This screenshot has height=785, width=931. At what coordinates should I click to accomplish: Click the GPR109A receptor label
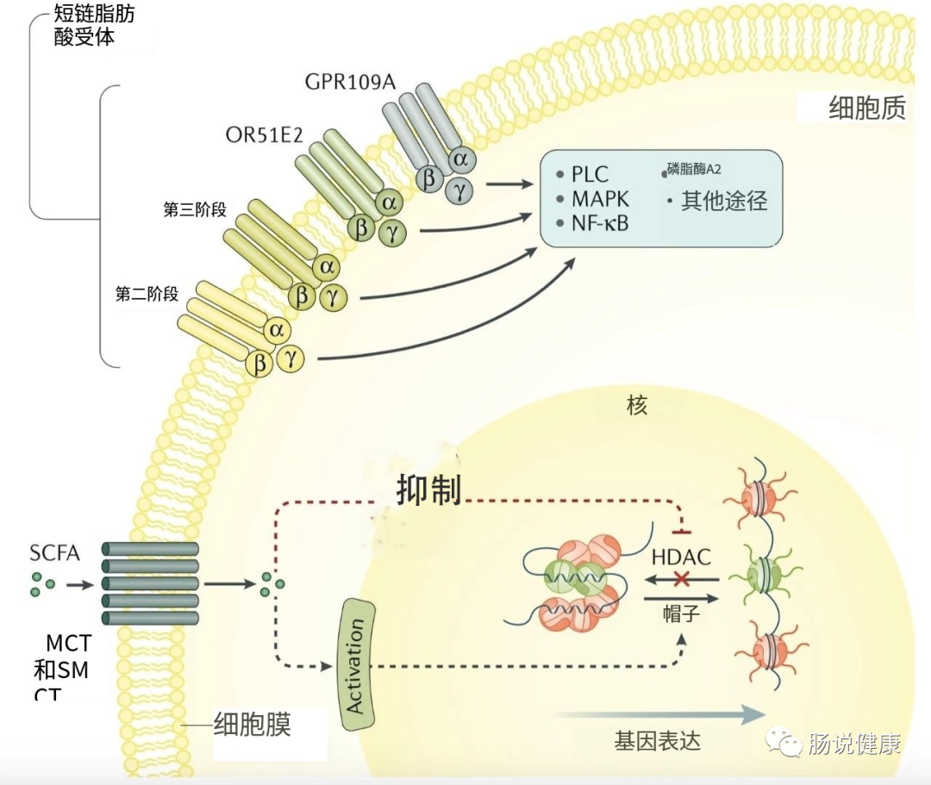(350, 82)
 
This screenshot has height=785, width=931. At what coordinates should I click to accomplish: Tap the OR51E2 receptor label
(264, 135)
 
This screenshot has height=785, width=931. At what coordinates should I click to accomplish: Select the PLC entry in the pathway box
(590, 174)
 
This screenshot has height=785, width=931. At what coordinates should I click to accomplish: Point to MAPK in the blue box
(600, 199)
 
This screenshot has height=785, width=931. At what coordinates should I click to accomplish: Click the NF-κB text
(600, 224)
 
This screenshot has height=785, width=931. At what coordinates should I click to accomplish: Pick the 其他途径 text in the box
(723, 201)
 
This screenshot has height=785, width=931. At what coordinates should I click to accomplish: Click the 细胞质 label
(866, 109)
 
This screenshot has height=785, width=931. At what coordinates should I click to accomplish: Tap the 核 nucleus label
(636, 405)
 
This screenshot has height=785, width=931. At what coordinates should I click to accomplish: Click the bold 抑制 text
(428, 489)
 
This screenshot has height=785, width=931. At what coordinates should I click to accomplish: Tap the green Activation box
(355, 664)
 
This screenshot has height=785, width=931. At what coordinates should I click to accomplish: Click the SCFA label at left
(54, 553)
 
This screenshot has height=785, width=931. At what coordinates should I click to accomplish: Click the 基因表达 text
(658, 740)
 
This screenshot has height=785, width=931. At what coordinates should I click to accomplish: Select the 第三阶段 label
(195, 209)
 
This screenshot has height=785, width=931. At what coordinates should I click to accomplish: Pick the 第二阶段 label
(147, 294)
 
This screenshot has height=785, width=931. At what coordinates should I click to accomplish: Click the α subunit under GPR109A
(463, 159)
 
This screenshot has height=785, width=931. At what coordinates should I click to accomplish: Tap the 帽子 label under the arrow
(680, 613)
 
